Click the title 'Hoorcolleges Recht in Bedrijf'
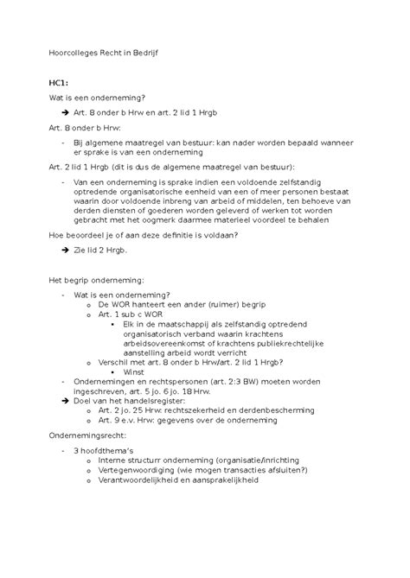[104, 53]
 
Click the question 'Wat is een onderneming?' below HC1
[97, 98]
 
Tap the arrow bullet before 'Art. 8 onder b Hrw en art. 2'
[67, 113]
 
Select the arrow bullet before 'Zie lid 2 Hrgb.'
[67, 250]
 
